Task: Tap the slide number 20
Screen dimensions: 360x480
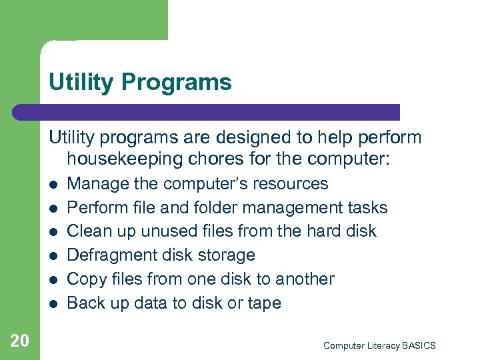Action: [x=20, y=341]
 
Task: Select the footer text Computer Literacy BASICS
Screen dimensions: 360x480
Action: [x=379, y=345]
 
